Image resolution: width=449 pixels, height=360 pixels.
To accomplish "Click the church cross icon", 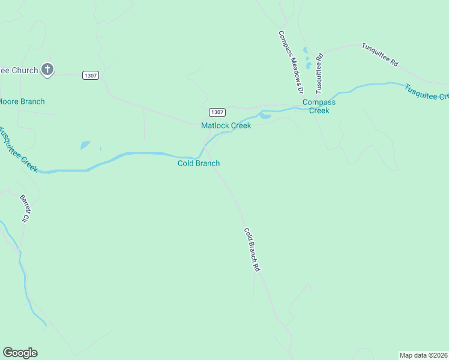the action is (47, 70).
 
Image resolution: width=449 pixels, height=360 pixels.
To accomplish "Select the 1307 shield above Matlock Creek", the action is (217, 112).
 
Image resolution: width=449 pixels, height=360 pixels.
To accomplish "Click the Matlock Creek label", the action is (226, 125).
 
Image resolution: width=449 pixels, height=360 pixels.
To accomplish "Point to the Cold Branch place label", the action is (199, 163).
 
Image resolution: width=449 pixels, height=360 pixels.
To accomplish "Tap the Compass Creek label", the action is (319, 106).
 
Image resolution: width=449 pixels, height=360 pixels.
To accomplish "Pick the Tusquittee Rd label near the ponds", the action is (320, 73).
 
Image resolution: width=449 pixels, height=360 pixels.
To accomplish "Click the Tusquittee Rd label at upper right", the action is (379, 54).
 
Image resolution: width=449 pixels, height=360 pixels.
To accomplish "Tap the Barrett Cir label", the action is (25, 209).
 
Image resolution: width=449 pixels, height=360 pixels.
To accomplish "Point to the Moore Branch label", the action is (22, 101).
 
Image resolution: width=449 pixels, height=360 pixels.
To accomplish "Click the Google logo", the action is (20, 353).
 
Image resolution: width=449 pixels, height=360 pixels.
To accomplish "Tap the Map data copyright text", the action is (424, 355).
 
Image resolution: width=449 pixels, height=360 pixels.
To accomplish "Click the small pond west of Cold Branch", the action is (85, 145).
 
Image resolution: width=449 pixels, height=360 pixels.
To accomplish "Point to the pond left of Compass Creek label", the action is (265, 116).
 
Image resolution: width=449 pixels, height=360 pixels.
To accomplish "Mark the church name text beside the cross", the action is (19, 70).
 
